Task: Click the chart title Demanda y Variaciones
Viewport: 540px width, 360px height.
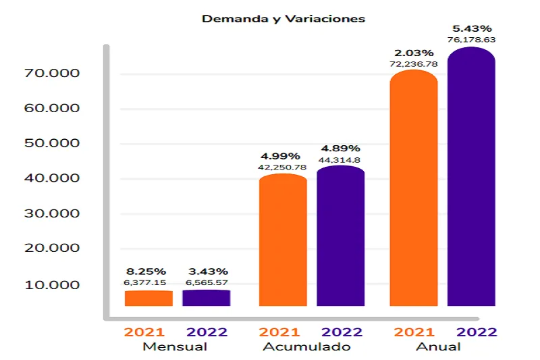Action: click(283, 19)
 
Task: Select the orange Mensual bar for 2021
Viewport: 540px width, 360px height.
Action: click(148, 298)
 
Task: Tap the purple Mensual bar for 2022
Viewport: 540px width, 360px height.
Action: click(206, 298)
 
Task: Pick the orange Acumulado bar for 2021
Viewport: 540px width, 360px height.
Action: click(283, 240)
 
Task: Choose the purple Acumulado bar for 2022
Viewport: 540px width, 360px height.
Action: click(340, 236)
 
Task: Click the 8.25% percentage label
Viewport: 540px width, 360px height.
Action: click(145, 272)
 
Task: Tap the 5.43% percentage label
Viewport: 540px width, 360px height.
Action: click(471, 28)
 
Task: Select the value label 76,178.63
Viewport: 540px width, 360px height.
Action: click(471, 40)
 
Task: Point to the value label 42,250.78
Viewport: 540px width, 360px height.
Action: click(282, 167)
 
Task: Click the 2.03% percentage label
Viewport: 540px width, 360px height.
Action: click(414, 53)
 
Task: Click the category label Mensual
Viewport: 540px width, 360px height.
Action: click(175, 347)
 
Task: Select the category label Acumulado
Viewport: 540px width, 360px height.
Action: click(308, 347)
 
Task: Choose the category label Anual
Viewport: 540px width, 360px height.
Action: click(438, 347)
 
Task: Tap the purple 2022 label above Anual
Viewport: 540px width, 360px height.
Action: click(477, 332)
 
